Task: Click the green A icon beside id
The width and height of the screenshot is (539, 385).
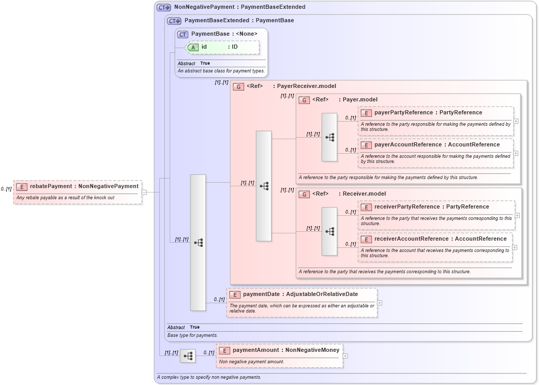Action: click(193, 47)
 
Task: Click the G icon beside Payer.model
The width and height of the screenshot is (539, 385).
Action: click(304, 100)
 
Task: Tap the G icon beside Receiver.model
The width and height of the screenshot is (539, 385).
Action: click(304, 194)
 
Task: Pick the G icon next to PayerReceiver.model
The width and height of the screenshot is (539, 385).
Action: click(238, 86)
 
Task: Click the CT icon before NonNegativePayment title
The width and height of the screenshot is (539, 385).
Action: click(164, 7)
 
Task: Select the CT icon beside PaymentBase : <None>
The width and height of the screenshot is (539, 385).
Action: click(183, 34)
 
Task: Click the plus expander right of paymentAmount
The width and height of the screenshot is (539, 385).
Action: click(346, 356)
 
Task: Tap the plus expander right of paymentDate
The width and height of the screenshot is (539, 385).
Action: click(380, 303)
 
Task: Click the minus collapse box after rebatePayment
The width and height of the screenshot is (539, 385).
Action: click(144, 192)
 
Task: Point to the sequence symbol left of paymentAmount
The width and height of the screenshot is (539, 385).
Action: click(188, 356)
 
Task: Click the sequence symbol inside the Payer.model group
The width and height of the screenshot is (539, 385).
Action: click(330, 137)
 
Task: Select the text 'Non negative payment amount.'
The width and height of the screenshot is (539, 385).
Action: click(251, 362)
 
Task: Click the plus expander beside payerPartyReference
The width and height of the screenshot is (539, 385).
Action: click(516, 121)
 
